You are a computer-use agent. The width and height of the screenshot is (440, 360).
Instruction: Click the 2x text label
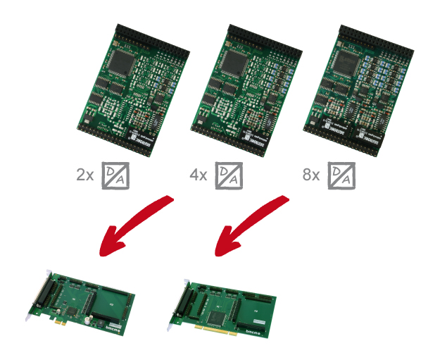coord(84,175)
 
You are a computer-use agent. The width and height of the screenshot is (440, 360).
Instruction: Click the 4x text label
coord(198,175)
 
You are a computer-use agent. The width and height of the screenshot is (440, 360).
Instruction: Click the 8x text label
coord(311,175)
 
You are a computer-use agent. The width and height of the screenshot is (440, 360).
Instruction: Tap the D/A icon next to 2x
coord(116,175)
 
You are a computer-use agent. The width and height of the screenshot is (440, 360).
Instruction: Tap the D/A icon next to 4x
coord(229,175)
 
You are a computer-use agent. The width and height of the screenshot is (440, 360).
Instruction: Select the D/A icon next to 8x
coord(343,175)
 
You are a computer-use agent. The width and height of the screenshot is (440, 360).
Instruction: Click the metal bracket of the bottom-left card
coord(37,297)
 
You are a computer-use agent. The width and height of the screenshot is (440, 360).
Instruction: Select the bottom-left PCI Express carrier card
coord(84,299)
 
